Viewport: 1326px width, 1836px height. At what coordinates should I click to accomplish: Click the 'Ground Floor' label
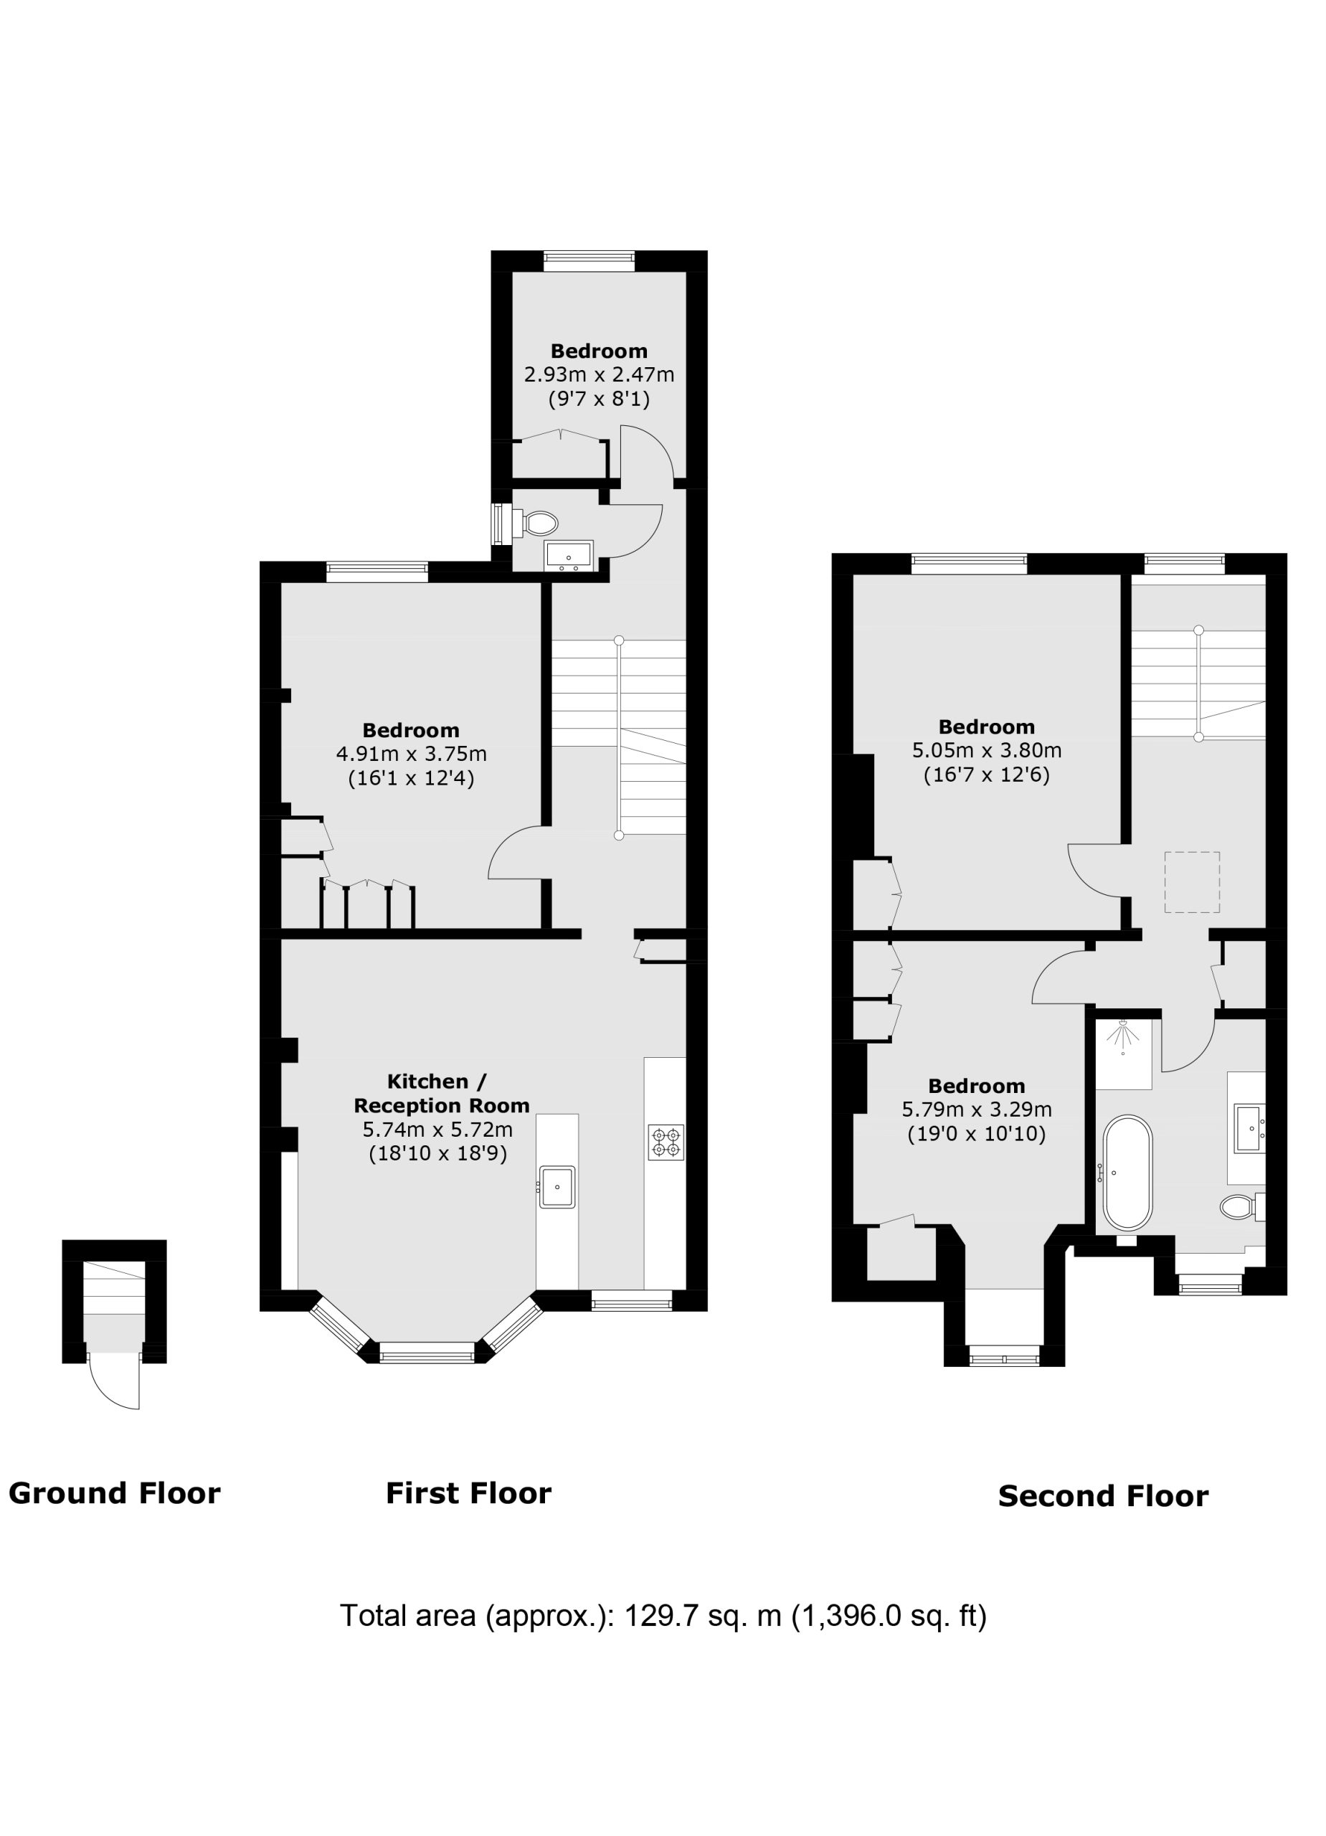pyautogui.click(x=114, y=1494)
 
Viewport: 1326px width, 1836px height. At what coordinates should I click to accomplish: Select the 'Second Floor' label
pyautogui.click(x=1102, y=1496)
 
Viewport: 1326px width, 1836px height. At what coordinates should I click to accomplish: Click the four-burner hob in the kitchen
pyautogui.click(x=666, y=1142)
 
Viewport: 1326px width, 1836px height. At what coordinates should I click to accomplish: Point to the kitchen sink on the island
pyautogui.click(x=557, y=1188)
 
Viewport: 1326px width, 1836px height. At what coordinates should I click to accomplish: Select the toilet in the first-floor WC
pyautogui.click(x=536, y=522)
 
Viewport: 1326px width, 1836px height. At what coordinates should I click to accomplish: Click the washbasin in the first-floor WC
pyautogui.click(x=569, y=555)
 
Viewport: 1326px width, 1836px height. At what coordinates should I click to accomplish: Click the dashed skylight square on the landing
pyautogui.click(x=1192, y=881)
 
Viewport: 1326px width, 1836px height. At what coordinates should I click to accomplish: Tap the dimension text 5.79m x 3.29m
pyautogui.click(x=976, y=1109)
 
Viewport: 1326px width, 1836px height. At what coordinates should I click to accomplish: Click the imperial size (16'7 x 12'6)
pyautogui.click(x=986, y=775)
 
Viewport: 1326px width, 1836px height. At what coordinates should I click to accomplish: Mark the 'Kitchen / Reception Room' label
pyautogui.click(x=441, y=1093)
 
